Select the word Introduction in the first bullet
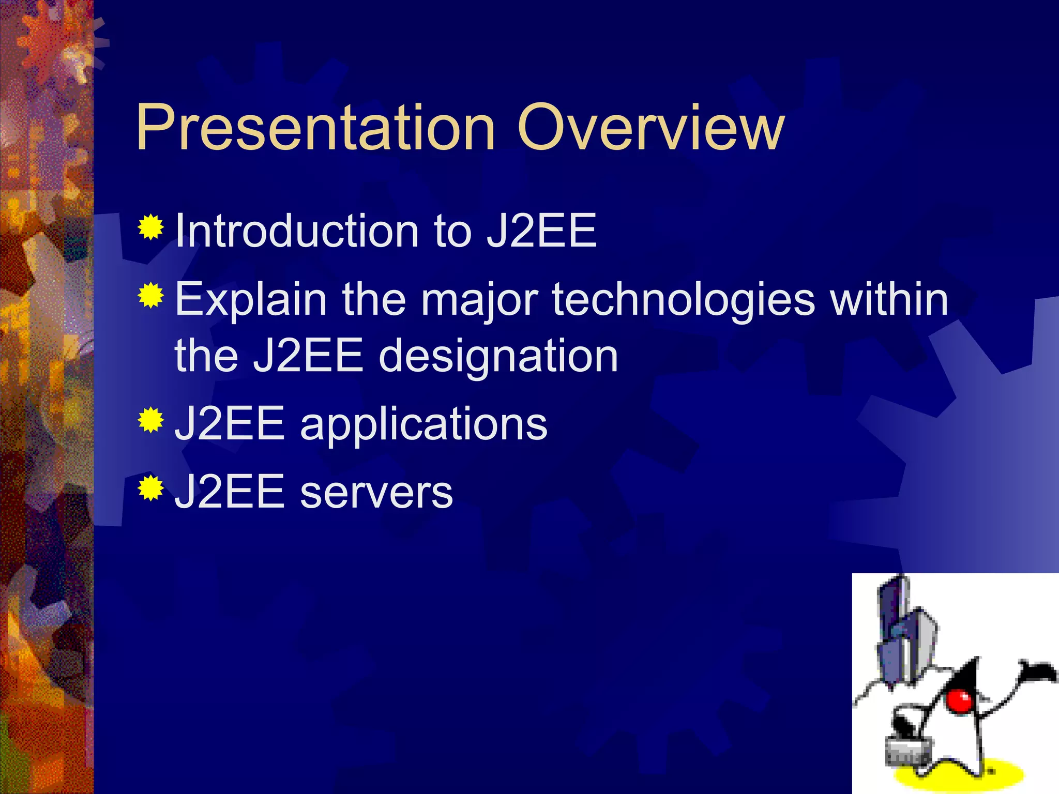click(x=297, y=231)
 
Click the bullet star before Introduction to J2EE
click(x=150, y=227)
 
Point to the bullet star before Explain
click(x=150, y=295)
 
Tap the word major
click(x=479, y=300)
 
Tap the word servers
click(x=376, y=492)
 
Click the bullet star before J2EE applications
click(x=150, y=419)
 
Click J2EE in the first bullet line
click(x=541, y=231)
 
